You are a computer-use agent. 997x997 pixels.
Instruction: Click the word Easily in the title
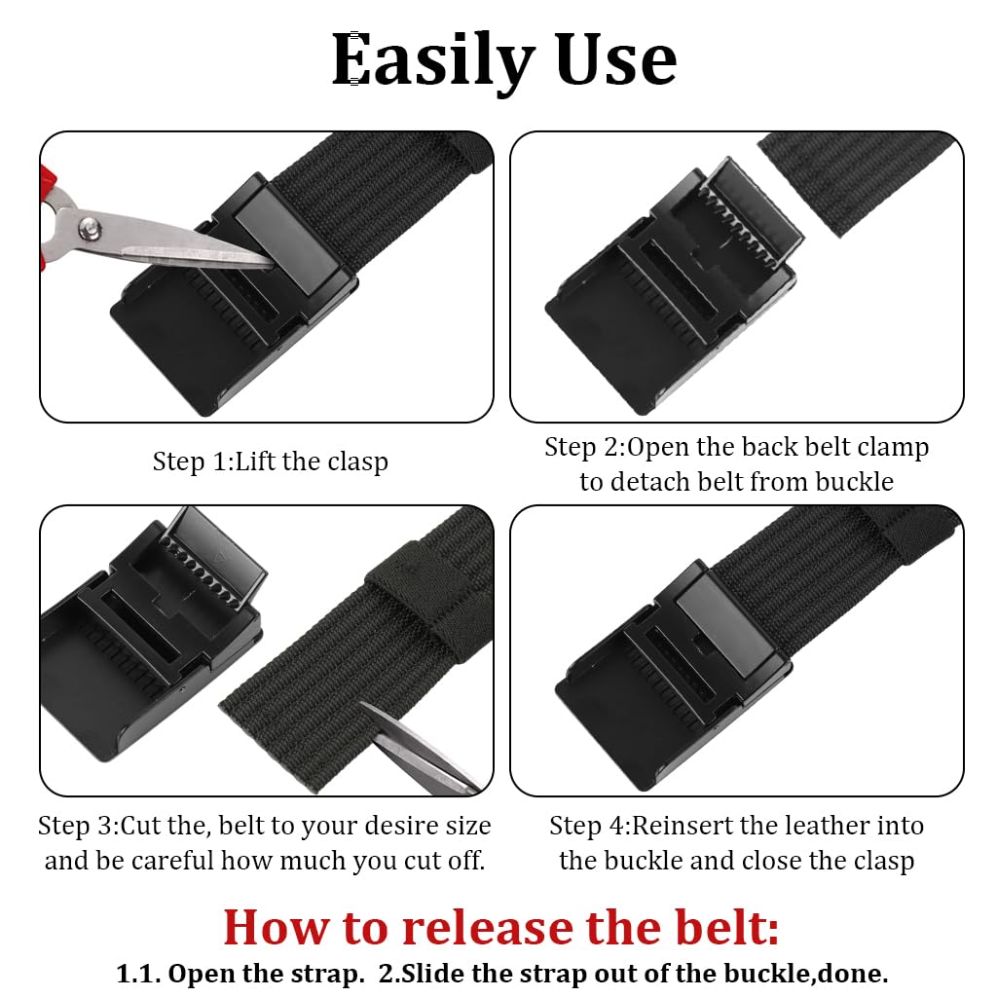(434, 60)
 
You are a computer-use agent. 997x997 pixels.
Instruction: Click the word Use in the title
(615, 60)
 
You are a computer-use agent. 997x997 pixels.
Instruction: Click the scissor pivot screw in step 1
(91, 230)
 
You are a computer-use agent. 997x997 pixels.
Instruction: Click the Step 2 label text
(582, 447)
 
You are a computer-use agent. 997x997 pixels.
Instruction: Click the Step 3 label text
(77, 827)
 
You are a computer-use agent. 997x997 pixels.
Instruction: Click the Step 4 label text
(588, 827)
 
